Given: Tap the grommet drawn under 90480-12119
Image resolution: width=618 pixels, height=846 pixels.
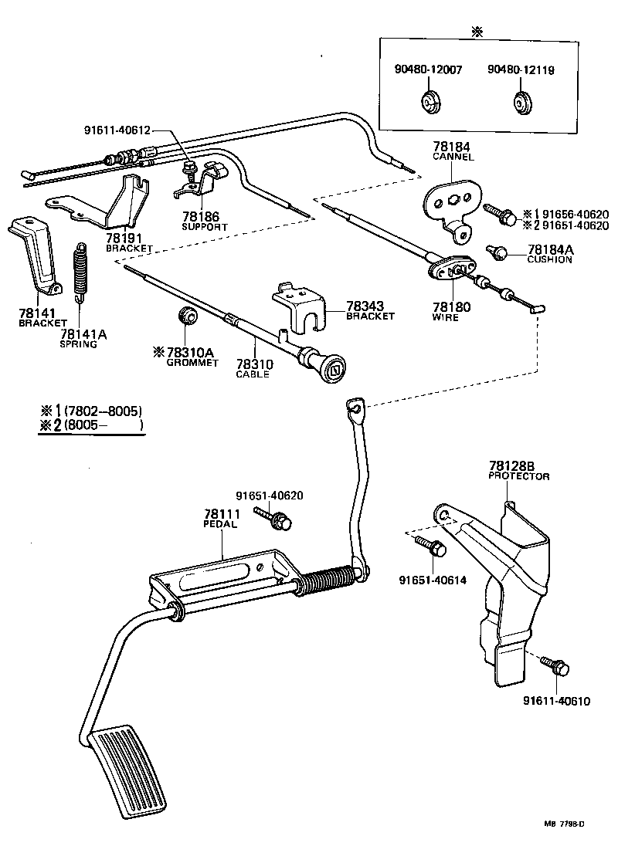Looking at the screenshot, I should [523, 102].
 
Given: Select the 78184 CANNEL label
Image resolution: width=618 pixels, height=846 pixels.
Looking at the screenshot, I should [453, 151].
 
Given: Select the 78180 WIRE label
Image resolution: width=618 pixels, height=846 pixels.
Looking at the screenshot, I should [450, 311].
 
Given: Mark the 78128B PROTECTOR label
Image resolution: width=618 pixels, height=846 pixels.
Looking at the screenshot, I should [518, 471].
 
